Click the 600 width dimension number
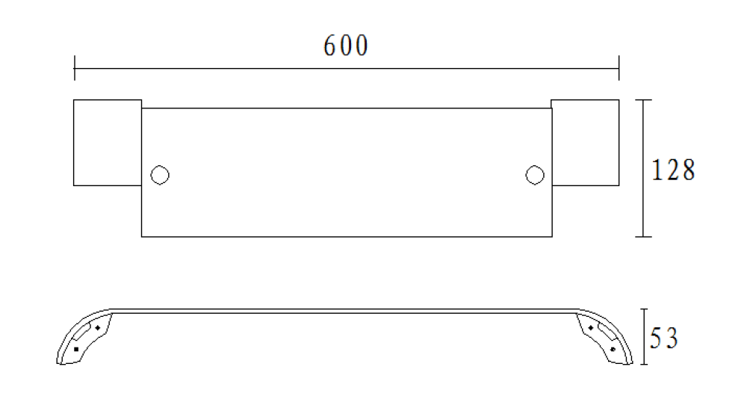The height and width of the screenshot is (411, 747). pyautogui.click(x=346, y=46)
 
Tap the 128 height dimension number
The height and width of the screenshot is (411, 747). pyautogui.click(x=673, y=170)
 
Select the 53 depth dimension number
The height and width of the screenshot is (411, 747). pyautogui.click(x=663, y=338)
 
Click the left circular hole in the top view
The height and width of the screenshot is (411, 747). pyautogui.click(x=160, y=175)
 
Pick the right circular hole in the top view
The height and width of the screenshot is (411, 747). pyautogui.click(x=535, y=175)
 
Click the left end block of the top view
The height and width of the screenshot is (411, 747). pyautogui.click(x=108, y=143)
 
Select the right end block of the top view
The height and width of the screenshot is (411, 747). pyautogui.click(x=585, y=143)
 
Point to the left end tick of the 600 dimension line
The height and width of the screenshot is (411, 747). pyautogui.click(x=74, y=68)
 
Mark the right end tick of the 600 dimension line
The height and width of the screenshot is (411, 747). pyautogui.click(x=619, y=68)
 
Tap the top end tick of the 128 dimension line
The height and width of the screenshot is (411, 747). pyautogui.click(x=643, y=100)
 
